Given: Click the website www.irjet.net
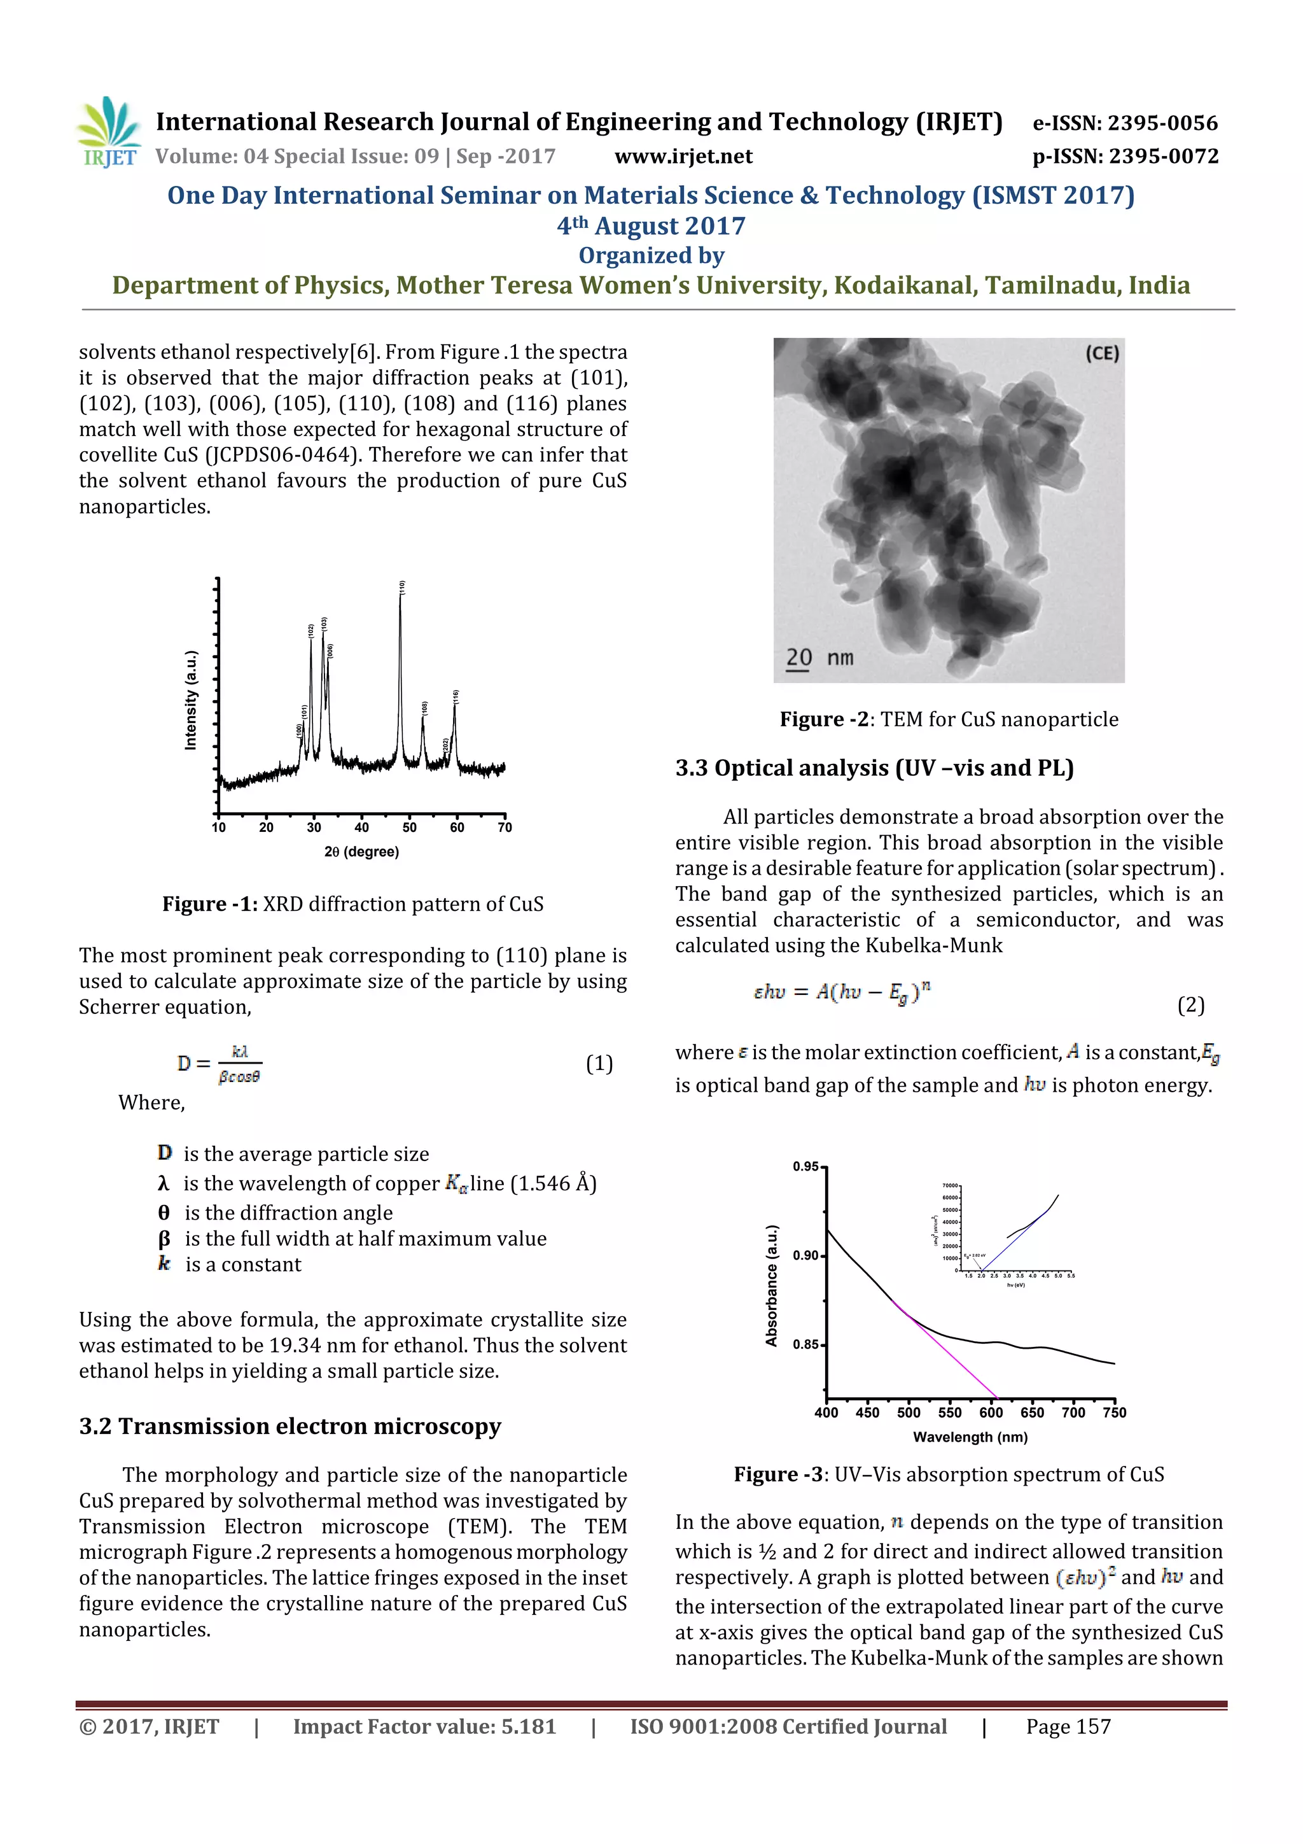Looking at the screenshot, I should pos(683,156).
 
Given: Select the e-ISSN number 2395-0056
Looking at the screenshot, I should pos(1125,123).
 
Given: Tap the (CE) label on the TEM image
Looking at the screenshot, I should pos(1101,353).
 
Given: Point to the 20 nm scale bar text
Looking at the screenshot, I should pos(819,658).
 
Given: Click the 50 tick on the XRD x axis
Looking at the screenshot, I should pos(410,827).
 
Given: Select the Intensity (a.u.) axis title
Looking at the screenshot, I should pos(190,700).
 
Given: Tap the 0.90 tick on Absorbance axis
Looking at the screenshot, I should pos(805,1255).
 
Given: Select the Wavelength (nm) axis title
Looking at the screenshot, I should pos(970,1437).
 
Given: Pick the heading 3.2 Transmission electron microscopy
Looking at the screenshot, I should pos(290,1426).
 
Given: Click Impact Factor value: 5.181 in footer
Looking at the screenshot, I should pos(424,1726).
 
